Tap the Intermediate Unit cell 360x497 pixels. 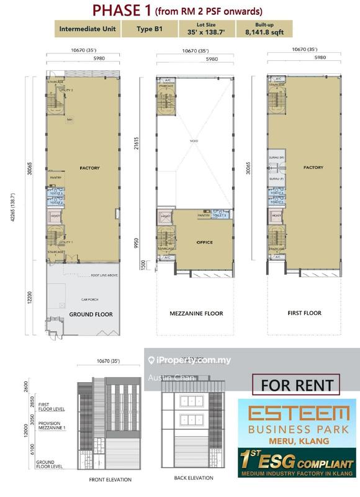(x=85, y=29)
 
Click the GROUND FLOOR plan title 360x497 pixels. (x=91, y=314)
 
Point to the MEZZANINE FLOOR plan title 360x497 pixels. (x=196, y=314)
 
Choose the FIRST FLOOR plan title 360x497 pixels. (x=304, y=313)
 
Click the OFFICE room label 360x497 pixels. (x=204, y=242)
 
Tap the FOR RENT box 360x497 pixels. (x=296, y=385)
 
